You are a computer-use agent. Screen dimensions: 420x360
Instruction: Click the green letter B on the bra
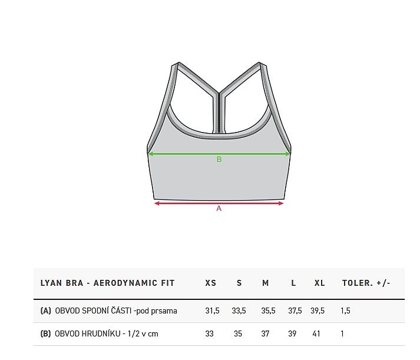tap(219, 159)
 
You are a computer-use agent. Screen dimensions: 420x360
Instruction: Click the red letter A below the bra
tap(219, 209)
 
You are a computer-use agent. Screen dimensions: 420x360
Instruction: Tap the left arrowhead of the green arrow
tap(151, 154)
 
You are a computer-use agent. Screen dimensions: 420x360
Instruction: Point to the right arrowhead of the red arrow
tap(281, 204)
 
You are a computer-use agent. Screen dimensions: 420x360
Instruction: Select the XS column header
tap(210, 283)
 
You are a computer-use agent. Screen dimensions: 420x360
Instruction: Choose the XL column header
tap(319, 283)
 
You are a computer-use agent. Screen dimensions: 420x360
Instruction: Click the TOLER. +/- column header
tap(366, 283)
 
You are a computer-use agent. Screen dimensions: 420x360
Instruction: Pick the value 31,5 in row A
tap(213, 311)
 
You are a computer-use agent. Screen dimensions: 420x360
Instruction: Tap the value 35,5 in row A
tap(268, 311)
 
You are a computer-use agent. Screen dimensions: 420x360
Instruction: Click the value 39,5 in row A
tap(318, 311)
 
